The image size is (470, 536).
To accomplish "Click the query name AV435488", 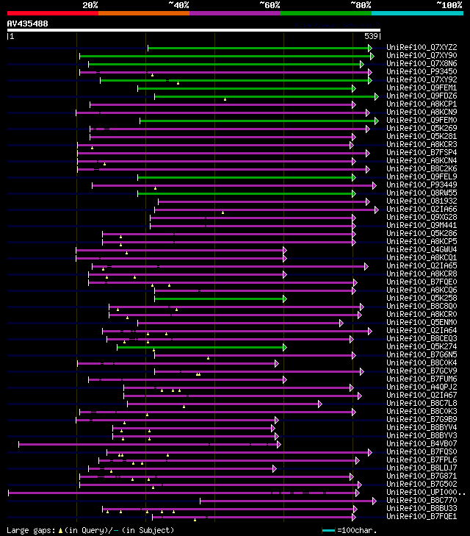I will click(x=27, y=24).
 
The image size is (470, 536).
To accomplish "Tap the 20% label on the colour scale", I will click(x=90, y=4).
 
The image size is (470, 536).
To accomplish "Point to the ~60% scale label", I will click(x=270, y=4).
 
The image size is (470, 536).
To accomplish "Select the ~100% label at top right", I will click(x=449, y=4).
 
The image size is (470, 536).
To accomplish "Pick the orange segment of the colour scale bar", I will click(x=143, y=12).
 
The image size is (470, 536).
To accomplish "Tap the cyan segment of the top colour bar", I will click(x=416, y=12).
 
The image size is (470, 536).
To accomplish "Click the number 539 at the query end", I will click(x=371, y=36).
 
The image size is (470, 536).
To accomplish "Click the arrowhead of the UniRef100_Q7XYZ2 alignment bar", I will click(x=371, y=48).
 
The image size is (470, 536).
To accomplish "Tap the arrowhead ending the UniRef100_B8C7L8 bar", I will click(x=319, y=404).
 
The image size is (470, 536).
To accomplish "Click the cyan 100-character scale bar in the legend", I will click(x=328, y=530).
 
